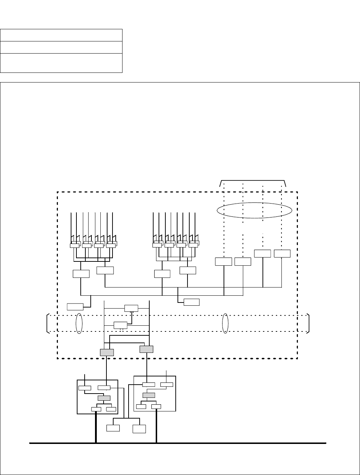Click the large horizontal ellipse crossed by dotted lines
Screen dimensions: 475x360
click(254, 210)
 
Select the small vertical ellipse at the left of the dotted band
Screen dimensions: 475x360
click(79, 324)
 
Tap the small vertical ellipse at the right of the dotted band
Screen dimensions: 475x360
click(225, 324)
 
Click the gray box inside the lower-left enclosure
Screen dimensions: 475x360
click(104, 398)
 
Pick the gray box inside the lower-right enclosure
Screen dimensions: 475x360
click(149, 395)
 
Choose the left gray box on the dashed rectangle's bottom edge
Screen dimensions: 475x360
click(107, 352)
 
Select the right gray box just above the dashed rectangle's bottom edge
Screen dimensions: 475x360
click(146, 349)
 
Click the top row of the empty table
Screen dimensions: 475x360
click(61, 35)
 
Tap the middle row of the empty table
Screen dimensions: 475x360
click(61, 47)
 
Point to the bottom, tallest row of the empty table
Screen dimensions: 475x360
click(61, 63)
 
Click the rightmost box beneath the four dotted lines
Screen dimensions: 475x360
click(282, 253)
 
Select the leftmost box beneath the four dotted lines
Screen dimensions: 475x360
click(224, 261)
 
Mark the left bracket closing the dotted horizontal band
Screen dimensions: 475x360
click(48, 324)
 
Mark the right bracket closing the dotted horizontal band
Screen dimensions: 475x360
click(308, 324)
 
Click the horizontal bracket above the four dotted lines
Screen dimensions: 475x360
click(252, 181)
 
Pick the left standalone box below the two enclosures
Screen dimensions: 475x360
click(113, 428)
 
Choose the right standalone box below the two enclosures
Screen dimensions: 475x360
click(139, 429)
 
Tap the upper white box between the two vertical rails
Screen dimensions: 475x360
click(131, 308)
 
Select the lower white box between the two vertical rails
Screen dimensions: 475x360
click(120, 325)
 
